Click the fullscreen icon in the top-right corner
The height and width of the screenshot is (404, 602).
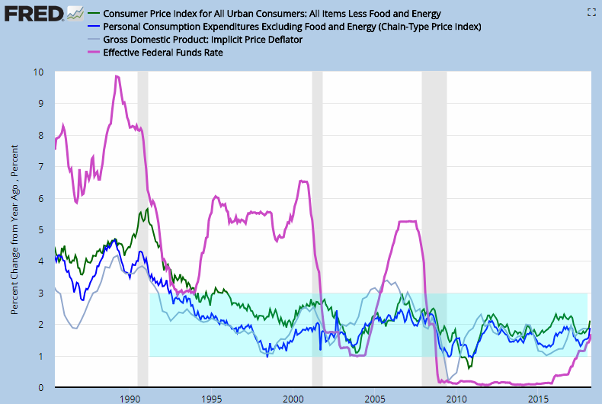coord(590,12)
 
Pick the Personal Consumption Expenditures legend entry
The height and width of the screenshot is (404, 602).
coord(290,27)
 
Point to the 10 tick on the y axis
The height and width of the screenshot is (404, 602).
coord(38,72)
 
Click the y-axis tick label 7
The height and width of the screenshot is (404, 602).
coord(40,167)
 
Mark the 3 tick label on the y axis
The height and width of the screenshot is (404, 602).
coord(40,293)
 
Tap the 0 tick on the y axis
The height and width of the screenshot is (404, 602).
coord(40,388)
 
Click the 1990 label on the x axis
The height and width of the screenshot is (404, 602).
coord(130,398)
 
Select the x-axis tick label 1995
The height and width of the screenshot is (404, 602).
coord(211,398)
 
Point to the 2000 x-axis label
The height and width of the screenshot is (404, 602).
coord(293,398)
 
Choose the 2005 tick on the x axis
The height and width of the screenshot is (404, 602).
coord(375,398)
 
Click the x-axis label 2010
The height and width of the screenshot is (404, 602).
coord(456,398)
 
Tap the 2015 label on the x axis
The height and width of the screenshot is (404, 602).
coord(538,398)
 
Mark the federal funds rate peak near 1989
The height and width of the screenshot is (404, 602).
coord(116,76)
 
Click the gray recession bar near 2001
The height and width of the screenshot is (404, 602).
coord(317,229)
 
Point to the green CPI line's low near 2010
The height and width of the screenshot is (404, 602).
coord(469,367)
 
